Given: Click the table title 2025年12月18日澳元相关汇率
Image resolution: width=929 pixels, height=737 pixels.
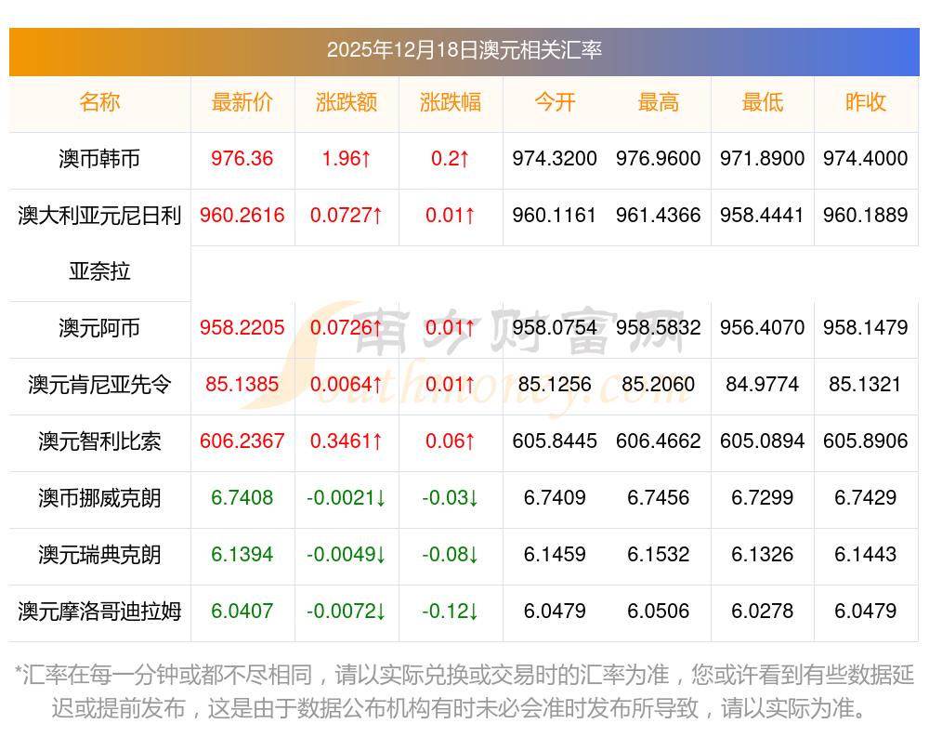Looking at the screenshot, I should (464, 49).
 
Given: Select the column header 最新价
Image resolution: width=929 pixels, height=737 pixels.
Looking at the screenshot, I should (242, 102).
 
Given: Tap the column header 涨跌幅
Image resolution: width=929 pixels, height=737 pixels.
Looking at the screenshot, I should (451, 102).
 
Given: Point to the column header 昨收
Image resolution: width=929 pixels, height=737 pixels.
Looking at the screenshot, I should (866, 102).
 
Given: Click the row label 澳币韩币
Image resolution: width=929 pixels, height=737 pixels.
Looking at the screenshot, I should (99, 159).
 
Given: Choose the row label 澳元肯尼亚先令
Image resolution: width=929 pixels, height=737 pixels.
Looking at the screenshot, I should (99, 385).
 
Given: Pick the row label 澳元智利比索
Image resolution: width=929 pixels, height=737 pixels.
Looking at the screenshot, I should (99, 441).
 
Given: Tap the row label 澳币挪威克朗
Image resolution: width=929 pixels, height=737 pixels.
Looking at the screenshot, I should (99, 498).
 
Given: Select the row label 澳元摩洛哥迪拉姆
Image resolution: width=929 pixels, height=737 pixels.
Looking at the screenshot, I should (99, 612).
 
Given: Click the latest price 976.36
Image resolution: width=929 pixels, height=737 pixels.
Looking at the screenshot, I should (242, 159).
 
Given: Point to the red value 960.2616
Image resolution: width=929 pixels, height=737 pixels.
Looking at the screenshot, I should (242, 216).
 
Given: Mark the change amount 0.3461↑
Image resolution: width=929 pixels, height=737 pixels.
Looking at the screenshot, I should (347, 441).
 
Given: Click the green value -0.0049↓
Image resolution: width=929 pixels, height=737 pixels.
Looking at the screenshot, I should (347, 555).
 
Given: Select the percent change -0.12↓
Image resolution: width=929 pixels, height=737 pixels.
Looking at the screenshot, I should (451, 612).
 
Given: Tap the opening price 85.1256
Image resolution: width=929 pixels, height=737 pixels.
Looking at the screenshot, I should (555, 385).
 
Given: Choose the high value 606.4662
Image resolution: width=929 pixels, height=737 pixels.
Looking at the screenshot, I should (659, 441).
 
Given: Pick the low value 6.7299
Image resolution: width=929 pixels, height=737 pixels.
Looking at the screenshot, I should (763, 498).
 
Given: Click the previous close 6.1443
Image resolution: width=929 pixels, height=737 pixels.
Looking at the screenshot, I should (866, 555).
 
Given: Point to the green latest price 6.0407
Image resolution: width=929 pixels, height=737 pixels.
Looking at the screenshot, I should (242, 612).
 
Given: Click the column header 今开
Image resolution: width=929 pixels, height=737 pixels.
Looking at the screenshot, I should (555, 102).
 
